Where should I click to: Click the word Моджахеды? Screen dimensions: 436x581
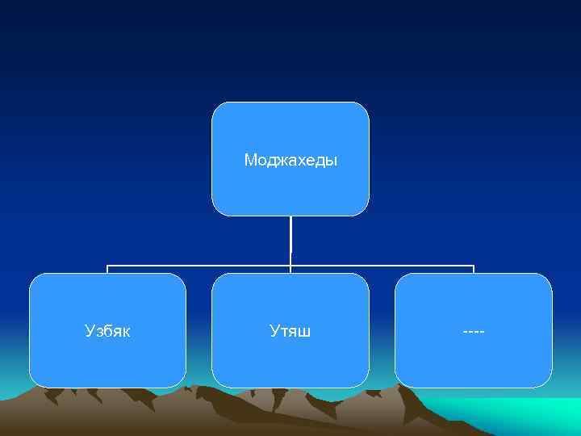290,160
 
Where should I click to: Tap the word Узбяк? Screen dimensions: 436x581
107,330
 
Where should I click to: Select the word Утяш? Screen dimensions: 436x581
290,330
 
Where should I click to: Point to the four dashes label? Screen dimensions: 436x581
474,330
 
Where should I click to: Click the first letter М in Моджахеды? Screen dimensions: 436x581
249,160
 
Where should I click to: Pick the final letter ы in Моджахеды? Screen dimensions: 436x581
332,161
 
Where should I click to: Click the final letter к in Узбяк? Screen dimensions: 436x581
126,331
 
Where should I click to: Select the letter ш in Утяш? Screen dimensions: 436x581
306,331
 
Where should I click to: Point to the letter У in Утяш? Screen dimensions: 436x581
274,330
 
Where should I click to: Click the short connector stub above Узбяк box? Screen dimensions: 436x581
107,269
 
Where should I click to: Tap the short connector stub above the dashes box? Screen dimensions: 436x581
474,269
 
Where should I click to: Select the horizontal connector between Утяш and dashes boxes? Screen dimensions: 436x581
382,265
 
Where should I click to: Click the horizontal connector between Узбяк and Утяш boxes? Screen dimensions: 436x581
199,265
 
